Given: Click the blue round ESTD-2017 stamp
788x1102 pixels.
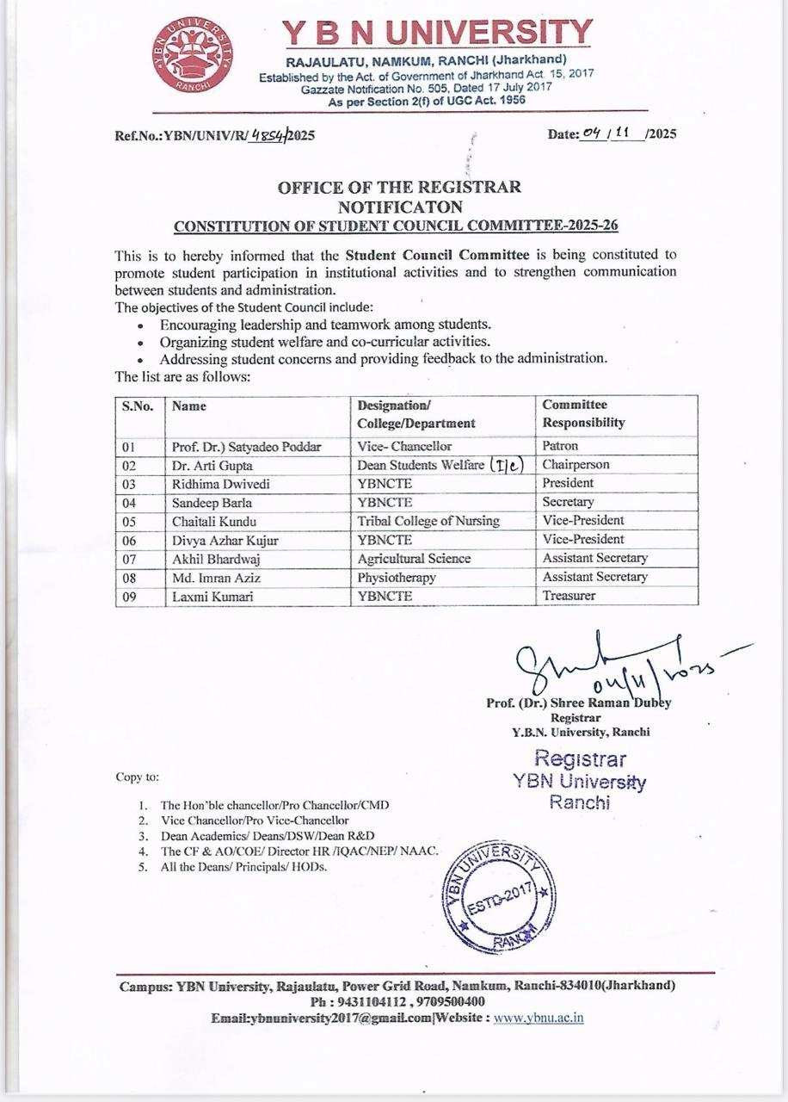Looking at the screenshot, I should point(496,895).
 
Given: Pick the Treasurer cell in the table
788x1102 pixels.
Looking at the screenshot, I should point(569,596).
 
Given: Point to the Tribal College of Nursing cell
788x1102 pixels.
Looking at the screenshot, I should point(428,520).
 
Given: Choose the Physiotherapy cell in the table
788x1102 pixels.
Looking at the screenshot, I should point(397,577).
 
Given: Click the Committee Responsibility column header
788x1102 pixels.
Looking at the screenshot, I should point(583,413).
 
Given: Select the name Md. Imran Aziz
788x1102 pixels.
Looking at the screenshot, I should point(213,577).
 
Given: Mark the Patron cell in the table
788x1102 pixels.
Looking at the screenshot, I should point(560,446).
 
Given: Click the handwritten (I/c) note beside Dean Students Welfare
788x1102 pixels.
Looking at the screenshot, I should point(507,465).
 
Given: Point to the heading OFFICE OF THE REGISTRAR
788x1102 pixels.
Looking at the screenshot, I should point(399,188).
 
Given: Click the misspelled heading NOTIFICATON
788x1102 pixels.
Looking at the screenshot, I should point(400,207).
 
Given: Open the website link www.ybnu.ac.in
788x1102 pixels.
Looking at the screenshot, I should point(539,1018).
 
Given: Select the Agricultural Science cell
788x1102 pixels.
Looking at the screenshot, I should point(414,558).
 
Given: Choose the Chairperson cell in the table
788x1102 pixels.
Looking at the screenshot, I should point(576,465).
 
